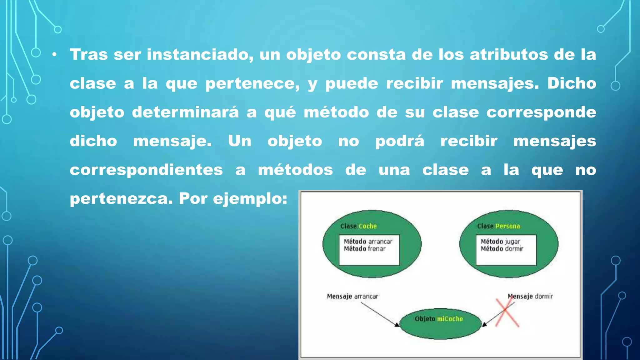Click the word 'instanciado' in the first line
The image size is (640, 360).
[200, 55]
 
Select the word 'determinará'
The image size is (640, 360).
[185, 112]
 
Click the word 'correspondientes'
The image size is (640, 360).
[146, 170]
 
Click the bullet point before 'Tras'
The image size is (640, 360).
[55, 55]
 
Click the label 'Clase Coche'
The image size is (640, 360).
[358, 226]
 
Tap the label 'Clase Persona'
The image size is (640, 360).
[498, 226]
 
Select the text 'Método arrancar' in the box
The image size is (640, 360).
[368, 241]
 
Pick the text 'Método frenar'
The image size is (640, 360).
[365, 249]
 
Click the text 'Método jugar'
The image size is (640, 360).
[500, 241]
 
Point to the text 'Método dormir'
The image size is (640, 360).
[502, 249]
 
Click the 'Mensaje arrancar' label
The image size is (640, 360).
[352, 296]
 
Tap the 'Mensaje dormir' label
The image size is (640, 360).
[530, 296]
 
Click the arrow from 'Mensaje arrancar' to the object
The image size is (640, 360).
[380, 314]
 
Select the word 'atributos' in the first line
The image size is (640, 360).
[509, 55]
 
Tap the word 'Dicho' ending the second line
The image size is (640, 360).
[572, 83]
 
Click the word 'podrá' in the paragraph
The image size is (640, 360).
[400, 141]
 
